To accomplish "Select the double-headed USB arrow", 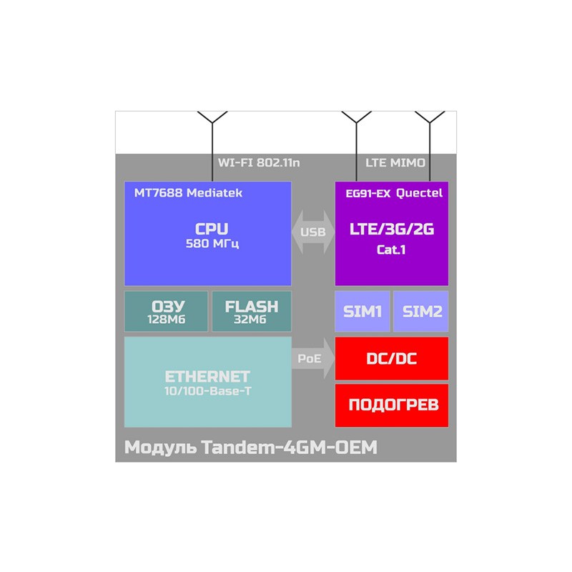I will pyautogui.click(x=313, y=232).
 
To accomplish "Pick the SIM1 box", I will pyautogui.click(x=363, y=311).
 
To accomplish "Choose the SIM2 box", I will pyautogui.click(x=421, y=311).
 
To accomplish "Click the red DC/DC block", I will pyautogui.click(x=392, y=358).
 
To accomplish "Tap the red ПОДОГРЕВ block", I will pyautogui.click(x=392, y=405).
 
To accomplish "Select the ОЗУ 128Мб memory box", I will pyautogui.click(x=166, y=312).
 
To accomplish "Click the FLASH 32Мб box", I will pyautogui.click(x=251, y=312).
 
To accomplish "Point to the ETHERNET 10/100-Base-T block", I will pyautogui.click(x=207, y=382).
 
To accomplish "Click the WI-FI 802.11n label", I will pyautogui.click(x=259, y=163).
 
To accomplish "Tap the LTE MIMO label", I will pyautogui.click(x=395, y=163).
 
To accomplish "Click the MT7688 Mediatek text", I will pyautogui.click(x=188, y=193).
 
